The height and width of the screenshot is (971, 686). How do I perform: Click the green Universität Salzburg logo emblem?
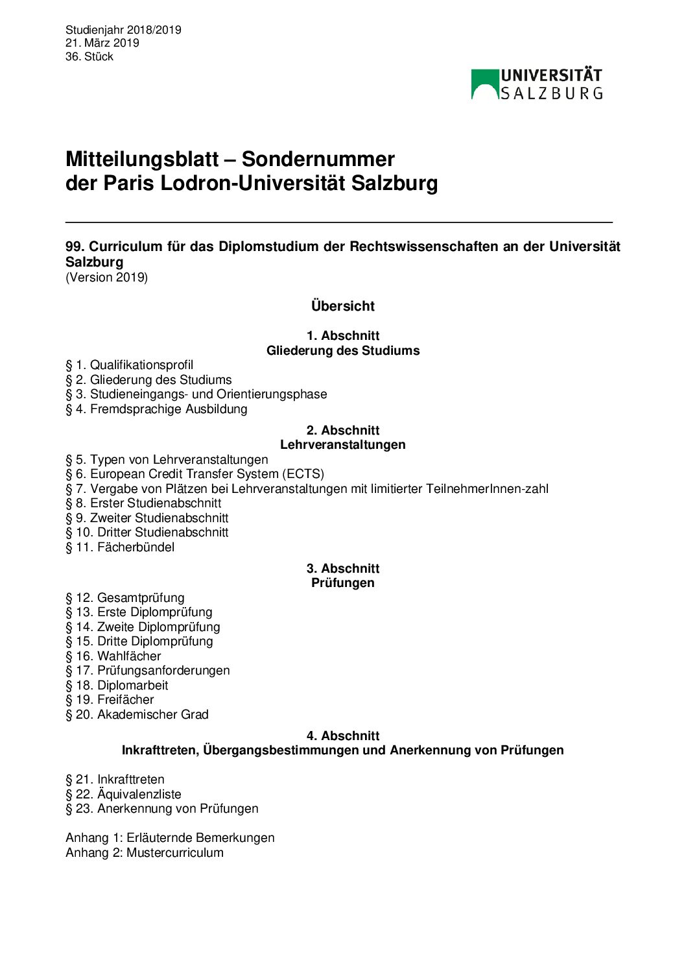click(484, 84)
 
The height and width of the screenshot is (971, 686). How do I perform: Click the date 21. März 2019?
click(102, 43)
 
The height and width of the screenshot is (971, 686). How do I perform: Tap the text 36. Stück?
click(89, 56)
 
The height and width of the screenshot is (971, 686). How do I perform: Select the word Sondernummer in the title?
click(318, 159)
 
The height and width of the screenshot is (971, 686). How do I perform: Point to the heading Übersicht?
click(342, 306)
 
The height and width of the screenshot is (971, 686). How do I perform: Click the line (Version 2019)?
click(106, 277)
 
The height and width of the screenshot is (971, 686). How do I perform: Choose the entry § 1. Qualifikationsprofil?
click(129, 365)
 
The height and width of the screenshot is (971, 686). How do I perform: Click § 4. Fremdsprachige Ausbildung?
click(156, 409)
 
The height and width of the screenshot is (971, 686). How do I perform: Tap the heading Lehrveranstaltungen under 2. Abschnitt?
click(342, 445)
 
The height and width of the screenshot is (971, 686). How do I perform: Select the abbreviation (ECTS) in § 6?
click(303, 474)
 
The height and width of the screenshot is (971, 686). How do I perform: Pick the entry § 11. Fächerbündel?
click(120, 547)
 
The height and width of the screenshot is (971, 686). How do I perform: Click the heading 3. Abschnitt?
click(342, 568)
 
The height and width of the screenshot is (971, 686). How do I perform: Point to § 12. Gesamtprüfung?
click(124, 598)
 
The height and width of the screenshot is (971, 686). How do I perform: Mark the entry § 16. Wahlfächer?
click(113, 656)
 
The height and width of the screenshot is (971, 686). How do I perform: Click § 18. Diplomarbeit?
click(117, 686)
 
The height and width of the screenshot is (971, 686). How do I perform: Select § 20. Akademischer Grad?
click(137, 715)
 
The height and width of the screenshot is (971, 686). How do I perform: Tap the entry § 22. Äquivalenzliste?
click(123, 795)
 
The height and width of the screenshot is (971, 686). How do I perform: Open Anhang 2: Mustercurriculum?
click(144, 853)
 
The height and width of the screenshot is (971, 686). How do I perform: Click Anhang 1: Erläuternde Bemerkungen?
click(170, 838)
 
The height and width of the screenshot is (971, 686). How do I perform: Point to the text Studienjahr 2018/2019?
click(123, 30)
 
